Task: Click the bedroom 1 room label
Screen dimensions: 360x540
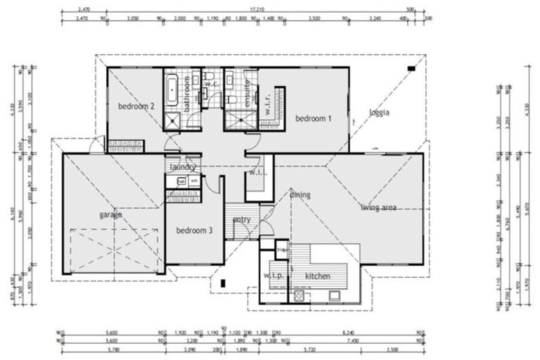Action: (314, 119)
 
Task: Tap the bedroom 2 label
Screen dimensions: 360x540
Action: (136, 106)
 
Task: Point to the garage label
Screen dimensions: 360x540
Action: (110, 214)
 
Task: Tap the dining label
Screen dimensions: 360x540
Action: (300, 195)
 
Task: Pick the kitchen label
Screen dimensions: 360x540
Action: (318, 276)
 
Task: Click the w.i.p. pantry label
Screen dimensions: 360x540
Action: (273, 276)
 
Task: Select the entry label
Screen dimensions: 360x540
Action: (242, 220)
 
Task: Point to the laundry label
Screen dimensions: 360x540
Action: (183, 167)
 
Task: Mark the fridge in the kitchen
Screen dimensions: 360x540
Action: (283, 250)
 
